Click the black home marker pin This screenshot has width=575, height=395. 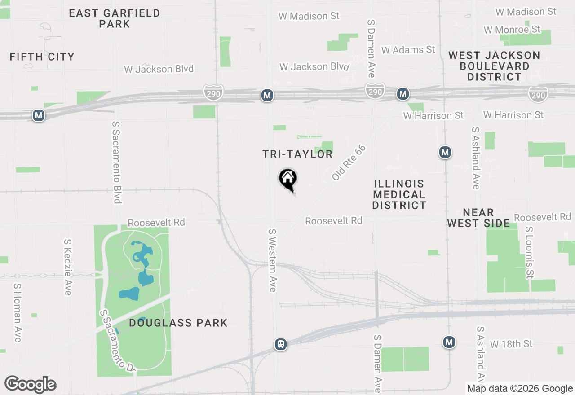click(x=288, y=179)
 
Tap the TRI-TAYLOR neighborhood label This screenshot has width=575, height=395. click(x=297, y=154)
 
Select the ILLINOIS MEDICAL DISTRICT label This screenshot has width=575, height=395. click(x=399, y=194)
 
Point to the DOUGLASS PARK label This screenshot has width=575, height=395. click(x=178, y=323)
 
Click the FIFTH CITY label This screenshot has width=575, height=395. click(x=42, y=57)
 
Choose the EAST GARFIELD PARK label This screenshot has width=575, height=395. click(x=115, y=18)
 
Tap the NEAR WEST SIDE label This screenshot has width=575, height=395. click(x=478, y=218)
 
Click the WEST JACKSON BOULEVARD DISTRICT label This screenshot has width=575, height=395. click(x=494, y=66)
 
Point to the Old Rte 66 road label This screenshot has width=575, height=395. click(x=349, y=162)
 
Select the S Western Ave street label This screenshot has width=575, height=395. click(x=272, y=260)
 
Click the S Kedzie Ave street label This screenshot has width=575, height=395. click(x=67, y=267)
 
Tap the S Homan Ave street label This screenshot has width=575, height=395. click(x=17, y=312)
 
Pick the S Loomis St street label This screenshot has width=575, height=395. click(x=530, y=252)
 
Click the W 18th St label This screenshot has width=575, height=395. click(x=511, y=344)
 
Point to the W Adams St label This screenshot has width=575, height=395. click(x=408, y=49)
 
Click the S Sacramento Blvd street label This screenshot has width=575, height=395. click(x=117, y=162)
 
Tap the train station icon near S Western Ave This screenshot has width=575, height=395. click(x=281, y=344)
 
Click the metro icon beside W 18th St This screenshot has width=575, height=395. click(x=449, y=342)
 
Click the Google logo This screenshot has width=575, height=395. click(x=31, y=385)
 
